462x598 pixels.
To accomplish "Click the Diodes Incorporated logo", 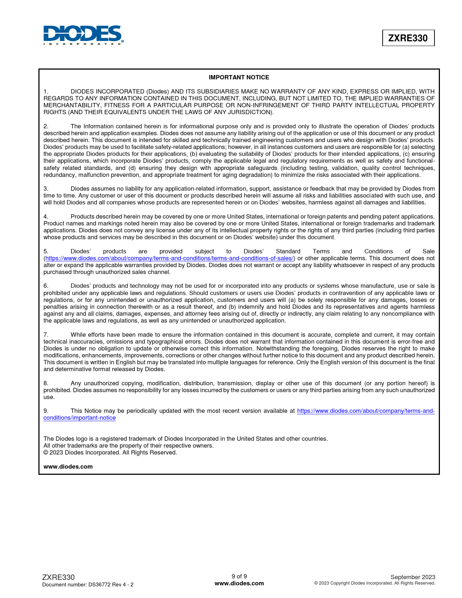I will click(83, 35).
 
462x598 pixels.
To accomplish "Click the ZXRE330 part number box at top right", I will click(408, 38).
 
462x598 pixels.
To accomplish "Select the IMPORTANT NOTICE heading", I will click(239, 77).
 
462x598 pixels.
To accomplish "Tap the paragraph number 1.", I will click(46, 91).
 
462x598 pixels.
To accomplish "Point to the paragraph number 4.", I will click(46, 216).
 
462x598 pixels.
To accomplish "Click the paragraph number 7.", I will click(46, 335).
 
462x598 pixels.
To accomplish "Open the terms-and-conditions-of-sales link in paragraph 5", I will click(169, 258).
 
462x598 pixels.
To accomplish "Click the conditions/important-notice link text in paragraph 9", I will click(79, 418).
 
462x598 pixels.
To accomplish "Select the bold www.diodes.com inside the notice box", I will click(68, 466).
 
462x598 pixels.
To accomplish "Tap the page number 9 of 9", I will click(239, 576).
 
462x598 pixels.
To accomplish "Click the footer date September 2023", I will click(413, 577).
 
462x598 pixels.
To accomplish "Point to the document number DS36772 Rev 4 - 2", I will click(88, 585).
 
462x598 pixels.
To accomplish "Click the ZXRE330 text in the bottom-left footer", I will click(58, 577).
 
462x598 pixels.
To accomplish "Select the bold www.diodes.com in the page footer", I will click(239, 583).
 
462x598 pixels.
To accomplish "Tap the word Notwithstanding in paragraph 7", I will click(278, 348).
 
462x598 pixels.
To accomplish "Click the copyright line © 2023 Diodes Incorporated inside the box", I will click(110, 452).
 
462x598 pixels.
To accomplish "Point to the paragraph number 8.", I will click(46, 383).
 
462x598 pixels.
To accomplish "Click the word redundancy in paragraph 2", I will click(58, 175).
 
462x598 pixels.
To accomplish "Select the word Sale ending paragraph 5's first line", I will click(428, 251).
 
